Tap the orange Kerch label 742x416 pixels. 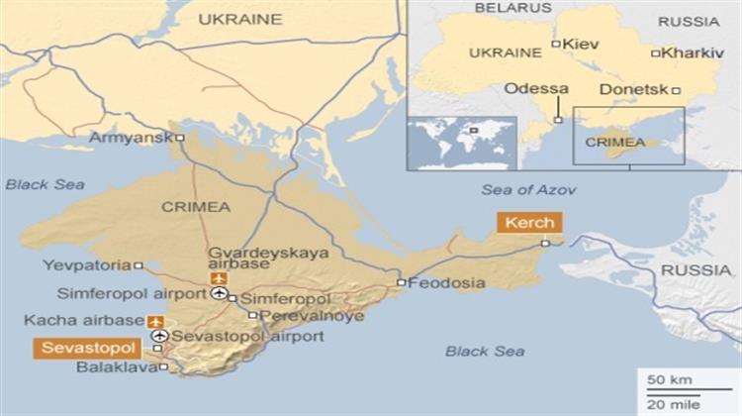[x=530, y=222]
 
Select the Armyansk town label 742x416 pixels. [x=131, y=138]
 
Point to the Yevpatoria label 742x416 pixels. [x=87, y=265]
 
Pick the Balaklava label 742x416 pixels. [x=116, y=367]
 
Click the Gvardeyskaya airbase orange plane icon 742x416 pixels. [x=219, y=278]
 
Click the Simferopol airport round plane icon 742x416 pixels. [x=219, y=294]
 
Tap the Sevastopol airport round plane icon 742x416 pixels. [x=159, y=337]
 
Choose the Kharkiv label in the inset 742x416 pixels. [x=694, y=52]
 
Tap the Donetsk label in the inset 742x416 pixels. [x=634, y=89]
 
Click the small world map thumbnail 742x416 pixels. [x=461, y=144]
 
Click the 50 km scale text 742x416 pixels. [x=662, y=380]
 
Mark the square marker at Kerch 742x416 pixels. [x=545, y=243]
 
